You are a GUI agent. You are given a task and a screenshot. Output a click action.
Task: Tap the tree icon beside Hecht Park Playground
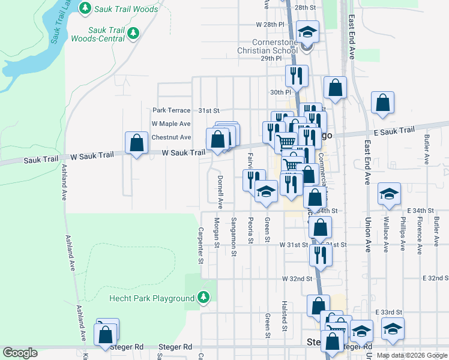click(x=204, y=298)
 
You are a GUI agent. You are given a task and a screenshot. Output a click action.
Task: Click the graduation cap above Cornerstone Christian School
click(x=307, y=32)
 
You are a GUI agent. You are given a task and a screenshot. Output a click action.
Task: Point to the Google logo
click(x=19, y=353)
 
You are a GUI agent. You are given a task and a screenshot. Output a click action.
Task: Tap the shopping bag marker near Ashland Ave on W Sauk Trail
click(x=137, y=143)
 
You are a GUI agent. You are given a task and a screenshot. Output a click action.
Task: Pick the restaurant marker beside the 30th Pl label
click(x=295, y=76)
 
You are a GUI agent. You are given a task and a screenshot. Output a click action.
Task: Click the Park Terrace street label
click(x=171, y=110)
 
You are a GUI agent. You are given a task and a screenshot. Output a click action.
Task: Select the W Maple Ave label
click(x=171, y=124)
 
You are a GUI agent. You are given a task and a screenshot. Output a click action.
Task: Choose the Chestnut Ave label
click(x=171, y=137)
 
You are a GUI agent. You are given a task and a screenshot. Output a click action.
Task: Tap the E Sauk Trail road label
click(x=394, y=131)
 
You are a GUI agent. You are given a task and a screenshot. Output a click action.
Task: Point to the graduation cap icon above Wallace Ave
click(x=389, y=193)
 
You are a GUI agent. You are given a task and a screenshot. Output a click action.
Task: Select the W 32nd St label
click(x=298, y=279)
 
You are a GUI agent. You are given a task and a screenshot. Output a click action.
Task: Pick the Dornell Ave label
click(x=220, y=192)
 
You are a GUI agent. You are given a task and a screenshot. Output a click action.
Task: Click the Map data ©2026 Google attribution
click(x=411, y=355)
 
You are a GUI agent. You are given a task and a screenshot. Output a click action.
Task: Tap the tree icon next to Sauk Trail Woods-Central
click(x=133, y=34)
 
